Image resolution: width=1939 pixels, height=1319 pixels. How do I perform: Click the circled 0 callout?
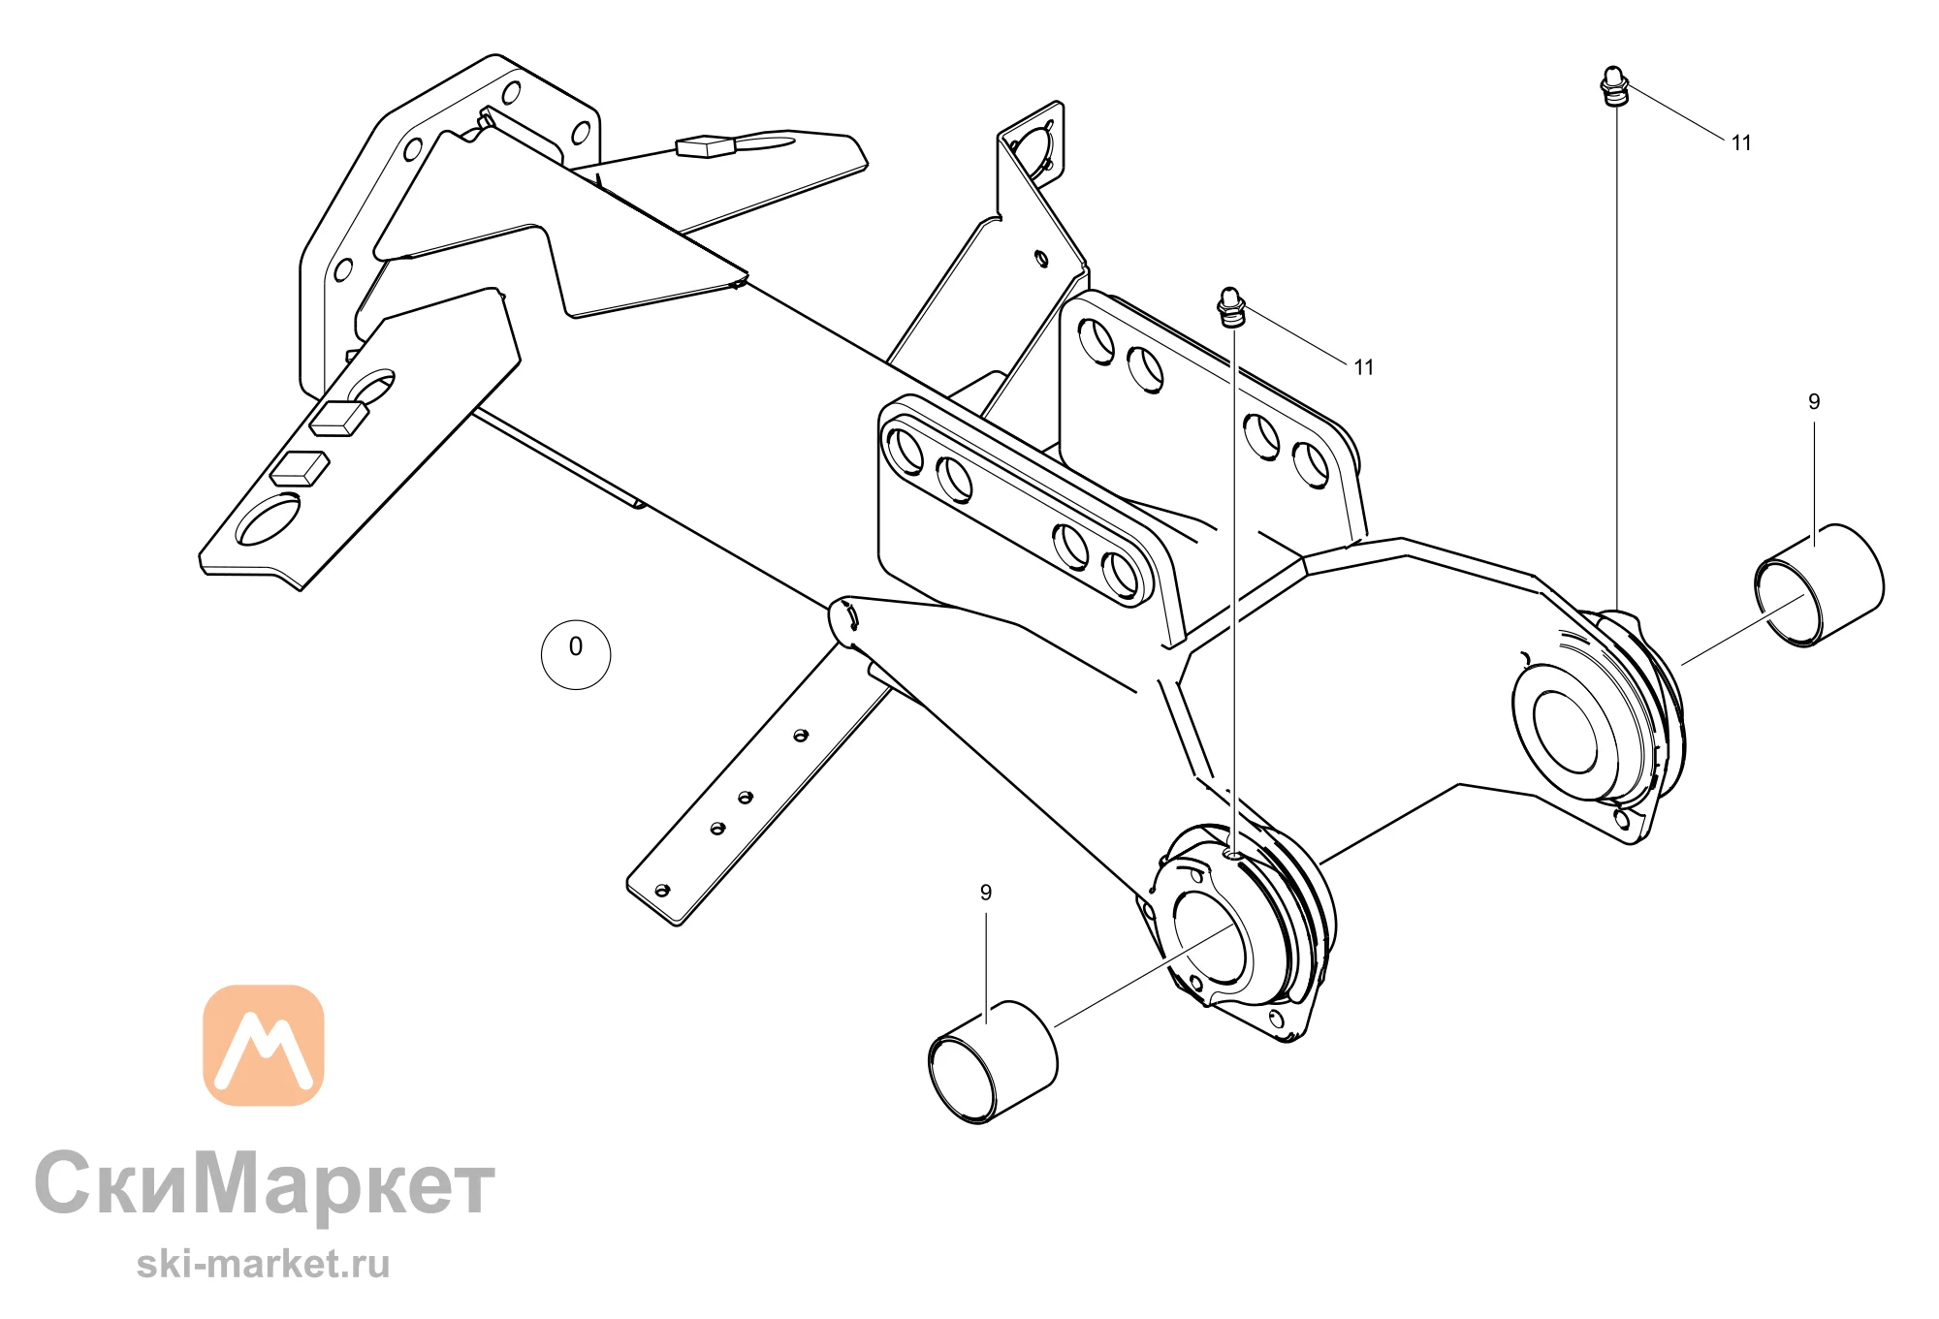576,655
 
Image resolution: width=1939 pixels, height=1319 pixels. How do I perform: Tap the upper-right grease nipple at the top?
1613,85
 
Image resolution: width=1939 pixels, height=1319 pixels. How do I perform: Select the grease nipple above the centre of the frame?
1231,306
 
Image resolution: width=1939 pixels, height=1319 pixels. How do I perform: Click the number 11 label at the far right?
1741,143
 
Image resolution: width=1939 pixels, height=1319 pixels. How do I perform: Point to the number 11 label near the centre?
1364,367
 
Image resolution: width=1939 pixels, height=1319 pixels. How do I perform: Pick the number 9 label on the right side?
1814,401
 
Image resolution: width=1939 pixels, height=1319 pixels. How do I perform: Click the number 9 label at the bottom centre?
986,893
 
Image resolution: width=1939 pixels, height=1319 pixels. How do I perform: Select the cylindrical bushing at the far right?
1819,584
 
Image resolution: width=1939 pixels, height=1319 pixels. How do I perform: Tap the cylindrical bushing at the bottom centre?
992,1062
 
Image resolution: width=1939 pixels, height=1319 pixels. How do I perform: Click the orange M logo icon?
264,1045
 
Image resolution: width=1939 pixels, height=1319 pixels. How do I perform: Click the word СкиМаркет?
265,1184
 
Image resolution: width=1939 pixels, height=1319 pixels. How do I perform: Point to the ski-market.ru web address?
263,1264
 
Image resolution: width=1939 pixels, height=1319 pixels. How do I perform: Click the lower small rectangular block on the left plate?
300,468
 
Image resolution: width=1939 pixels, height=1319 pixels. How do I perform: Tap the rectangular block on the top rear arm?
707,146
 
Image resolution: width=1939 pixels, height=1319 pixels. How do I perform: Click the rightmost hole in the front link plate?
1123,574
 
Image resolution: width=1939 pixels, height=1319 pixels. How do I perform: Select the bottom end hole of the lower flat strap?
663,890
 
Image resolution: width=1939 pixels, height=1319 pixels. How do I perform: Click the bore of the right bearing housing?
1565,732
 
